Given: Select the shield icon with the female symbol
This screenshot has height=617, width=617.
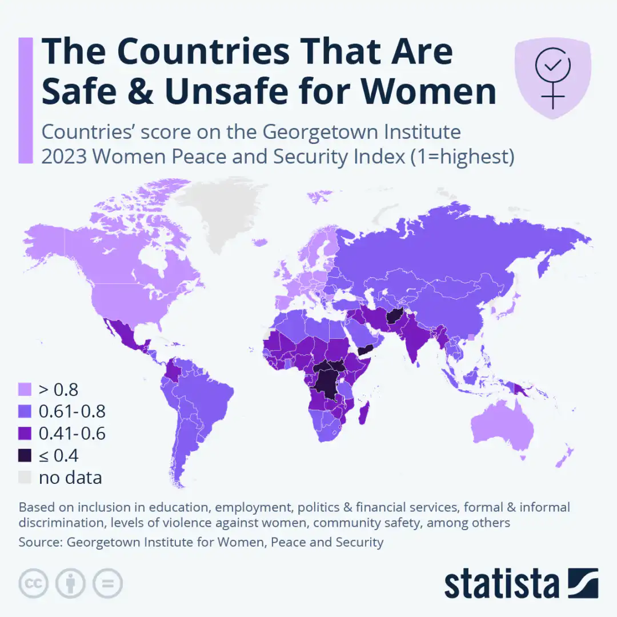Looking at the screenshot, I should click(552, 79).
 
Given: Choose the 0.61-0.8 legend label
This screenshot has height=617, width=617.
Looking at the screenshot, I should click(72, 412).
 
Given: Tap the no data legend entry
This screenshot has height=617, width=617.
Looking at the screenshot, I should click(70, 477).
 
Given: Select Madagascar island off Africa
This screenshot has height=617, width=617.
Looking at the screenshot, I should click(363, 413).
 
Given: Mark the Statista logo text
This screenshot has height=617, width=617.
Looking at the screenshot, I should click(502, 583).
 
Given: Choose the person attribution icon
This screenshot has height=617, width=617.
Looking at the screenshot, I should click(70, 583).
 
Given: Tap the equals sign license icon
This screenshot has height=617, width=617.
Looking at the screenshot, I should click(107, 583).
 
